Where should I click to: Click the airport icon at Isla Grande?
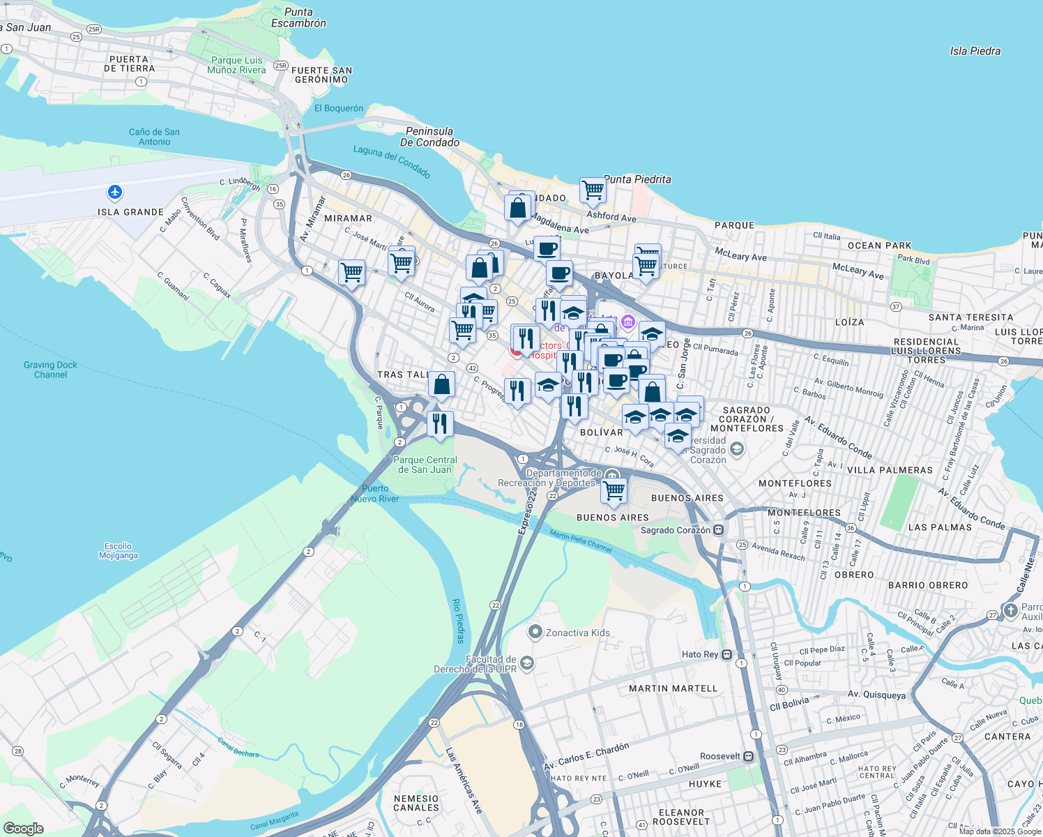[115, 192]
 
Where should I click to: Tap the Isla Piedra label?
[975, 51]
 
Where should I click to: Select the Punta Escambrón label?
[298, 17]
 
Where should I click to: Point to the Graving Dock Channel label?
[50, 370]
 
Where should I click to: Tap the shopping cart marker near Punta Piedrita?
[593, 190]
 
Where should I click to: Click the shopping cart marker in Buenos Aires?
[614, 490]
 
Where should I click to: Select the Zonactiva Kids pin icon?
[535, 632]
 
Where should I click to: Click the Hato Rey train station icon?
[727, 654]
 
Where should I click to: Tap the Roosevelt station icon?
[748, 756]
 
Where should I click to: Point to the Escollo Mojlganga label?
[118, 551]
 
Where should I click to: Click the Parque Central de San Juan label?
[425, 465]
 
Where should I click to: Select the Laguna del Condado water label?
[391, 161]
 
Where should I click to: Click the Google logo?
[23, 828]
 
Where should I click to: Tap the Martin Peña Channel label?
[580, 541]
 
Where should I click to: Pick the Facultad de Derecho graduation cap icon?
[527, 663]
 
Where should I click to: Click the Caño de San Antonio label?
[154, 137]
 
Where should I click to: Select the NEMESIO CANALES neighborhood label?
[416, 803]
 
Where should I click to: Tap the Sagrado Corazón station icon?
[719, 530]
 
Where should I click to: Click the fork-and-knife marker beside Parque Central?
[440, 423]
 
